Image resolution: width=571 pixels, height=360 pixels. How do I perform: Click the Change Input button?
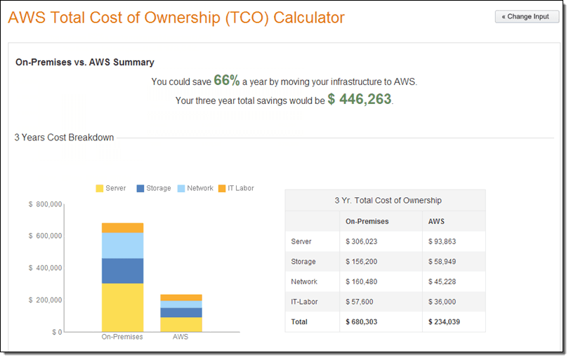[x=527, y=17]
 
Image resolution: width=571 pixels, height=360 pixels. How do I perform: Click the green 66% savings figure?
[x=227, y=81]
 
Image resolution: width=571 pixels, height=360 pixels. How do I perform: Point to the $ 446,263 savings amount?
[x=360, y=99]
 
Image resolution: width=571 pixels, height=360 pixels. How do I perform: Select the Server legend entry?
[x=111, y=188]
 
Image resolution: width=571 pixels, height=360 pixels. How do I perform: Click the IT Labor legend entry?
[x=236, y=188]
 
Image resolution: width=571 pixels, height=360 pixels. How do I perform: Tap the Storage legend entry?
[x=154, y=188]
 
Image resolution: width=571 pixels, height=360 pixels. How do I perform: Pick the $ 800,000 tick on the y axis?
[x=46, y=204]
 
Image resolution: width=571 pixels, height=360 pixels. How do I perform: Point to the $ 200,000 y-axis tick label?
[x=46, y=300]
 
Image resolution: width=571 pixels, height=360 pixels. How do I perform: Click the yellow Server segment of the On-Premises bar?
[x=122, y=307]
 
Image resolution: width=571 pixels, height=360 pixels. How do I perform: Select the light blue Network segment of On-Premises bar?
[x=122, y=246]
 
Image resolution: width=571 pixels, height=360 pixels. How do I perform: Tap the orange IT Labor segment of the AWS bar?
[x=181, y=298]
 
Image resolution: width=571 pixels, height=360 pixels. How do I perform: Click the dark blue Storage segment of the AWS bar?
[x=181, y=313]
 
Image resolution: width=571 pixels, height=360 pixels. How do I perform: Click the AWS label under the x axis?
[x=181, y=337]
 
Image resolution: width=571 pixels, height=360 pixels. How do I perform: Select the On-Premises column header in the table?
[x=367, y=221]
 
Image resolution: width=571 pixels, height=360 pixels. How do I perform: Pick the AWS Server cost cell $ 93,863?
[x=442, y=241]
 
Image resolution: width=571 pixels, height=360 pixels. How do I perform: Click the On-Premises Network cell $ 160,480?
[x=362, y=281]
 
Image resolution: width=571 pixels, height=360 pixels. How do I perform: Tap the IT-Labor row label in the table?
[x=304, y=302]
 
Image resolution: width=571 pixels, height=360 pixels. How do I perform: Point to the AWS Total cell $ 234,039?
[x=445, y=322]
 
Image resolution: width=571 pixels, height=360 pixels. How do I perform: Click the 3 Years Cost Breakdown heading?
[x=64, y=138]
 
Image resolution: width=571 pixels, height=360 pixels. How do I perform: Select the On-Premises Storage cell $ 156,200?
[x=362, y=261]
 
